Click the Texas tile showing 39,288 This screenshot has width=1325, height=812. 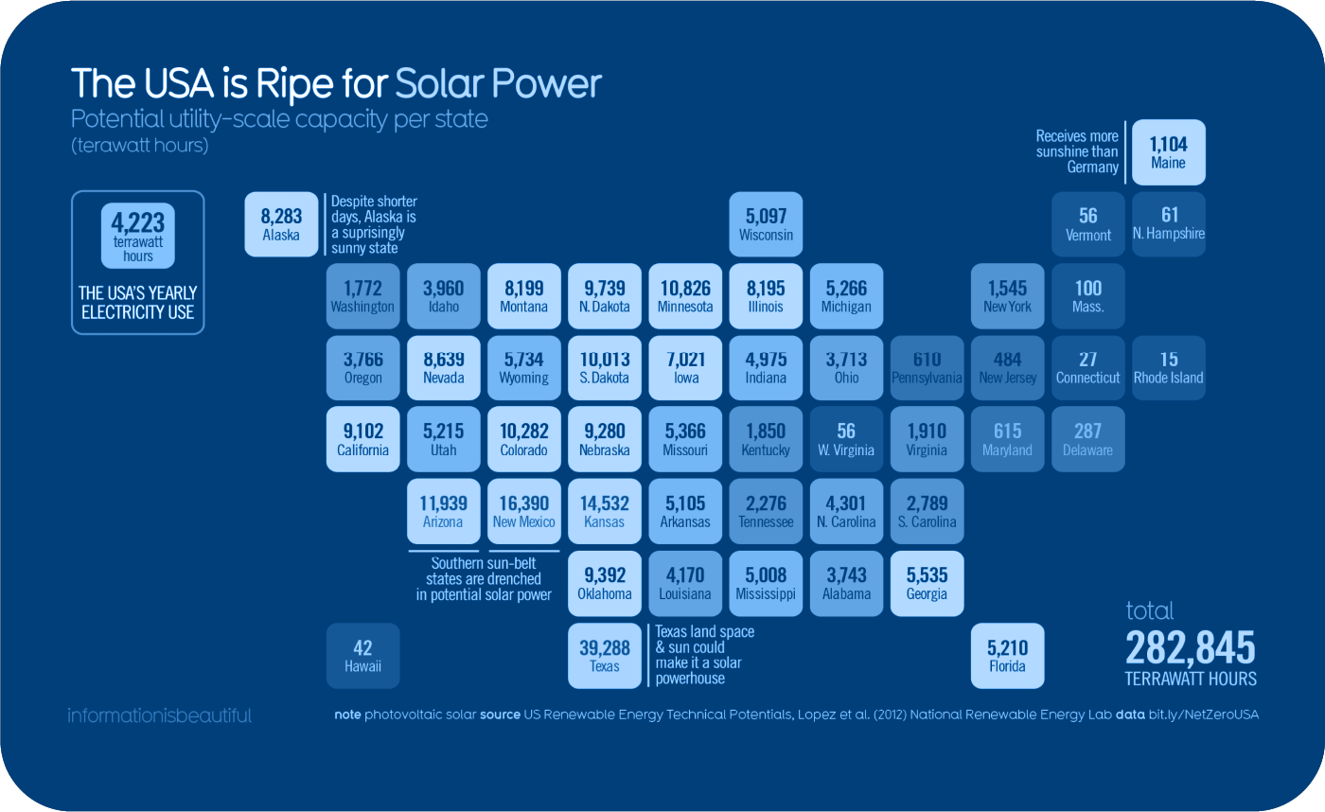[x=604, y=655]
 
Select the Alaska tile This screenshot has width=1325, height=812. [x=281, y=224]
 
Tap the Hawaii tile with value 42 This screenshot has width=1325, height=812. [x=362, y=655]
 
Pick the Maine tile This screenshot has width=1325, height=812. [x=1168, y=151]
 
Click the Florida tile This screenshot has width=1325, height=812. [x=1007, y=655]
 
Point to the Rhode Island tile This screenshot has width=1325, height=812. [x=1168, y=368]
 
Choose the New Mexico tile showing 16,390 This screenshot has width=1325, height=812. [x=523, y=512]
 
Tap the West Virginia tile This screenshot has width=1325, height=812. [x=846, y=440]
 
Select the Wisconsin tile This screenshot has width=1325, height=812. [x=766, y=224]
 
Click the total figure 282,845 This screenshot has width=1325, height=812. [x=1190, y=649]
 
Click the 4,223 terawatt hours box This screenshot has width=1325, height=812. [x=137, y=234]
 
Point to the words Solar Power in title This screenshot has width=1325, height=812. [x=498, y=83]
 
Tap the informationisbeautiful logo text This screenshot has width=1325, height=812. [x=159, y=715]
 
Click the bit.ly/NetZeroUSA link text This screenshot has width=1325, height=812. [x=1203, y=715]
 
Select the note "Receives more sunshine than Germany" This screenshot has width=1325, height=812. [x=1077, y=151]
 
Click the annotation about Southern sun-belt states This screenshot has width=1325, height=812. [x=484, y=578]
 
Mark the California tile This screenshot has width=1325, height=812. [x=362, y=440]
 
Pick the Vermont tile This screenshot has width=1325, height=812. [x=1087, y=224]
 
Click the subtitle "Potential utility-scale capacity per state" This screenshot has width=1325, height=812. [x=279, y=120]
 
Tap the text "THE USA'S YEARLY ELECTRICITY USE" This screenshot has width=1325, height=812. [x=137, y=302]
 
